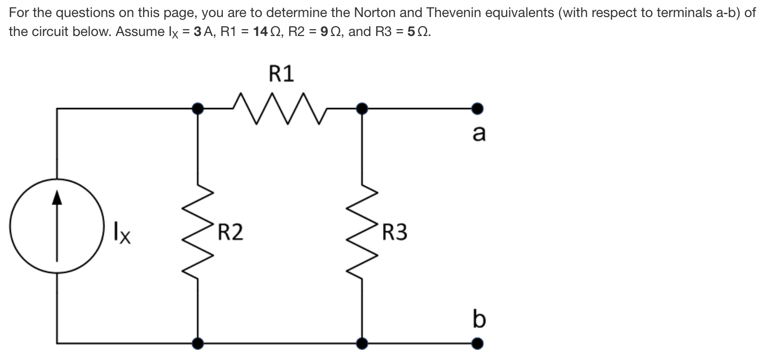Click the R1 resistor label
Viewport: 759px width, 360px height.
click(282, 74)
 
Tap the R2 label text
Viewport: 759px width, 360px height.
click(230, 233)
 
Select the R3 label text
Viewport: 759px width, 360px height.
click(395, 233)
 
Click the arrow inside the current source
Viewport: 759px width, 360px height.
click(57, 229)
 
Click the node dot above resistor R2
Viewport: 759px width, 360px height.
click(198, 108)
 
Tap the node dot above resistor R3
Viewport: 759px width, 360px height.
click(361, 108)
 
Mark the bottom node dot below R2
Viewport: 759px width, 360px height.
click(198, 344)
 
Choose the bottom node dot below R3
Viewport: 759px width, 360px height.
click(361, 344)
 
